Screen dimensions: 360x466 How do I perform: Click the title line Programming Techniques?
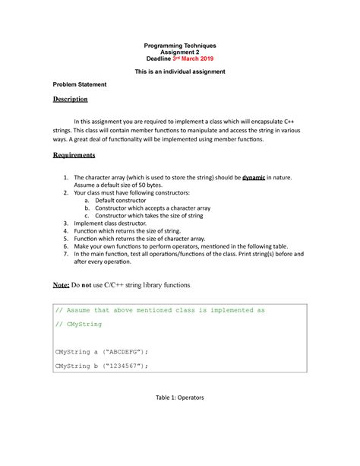(x=179, y=45)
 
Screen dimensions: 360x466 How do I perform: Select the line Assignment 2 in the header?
(x=179, y=52)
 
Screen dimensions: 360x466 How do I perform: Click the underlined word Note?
(x=62, y=285)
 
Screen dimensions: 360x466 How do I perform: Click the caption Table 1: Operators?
(x=180, y=398)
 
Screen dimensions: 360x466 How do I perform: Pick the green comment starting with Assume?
(x=161, y=310)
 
